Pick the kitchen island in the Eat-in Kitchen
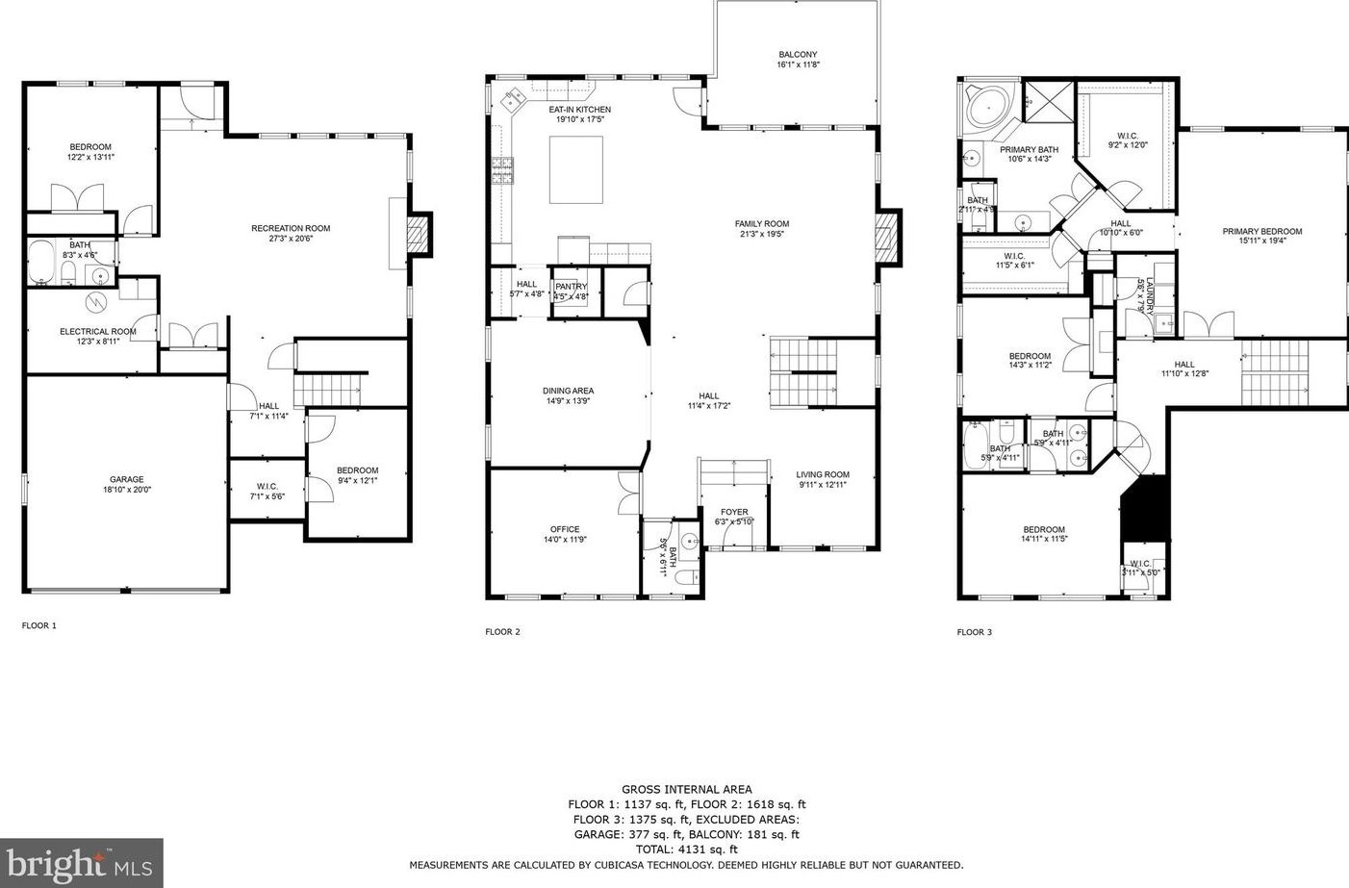[576, 169]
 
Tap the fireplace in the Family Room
[889, 238]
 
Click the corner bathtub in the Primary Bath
[982, 107]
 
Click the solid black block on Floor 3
[1145, 506]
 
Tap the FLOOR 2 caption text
[502, 632]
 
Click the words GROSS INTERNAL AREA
[686, 789]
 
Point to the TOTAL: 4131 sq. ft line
[686, 850]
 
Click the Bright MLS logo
[81, 863]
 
